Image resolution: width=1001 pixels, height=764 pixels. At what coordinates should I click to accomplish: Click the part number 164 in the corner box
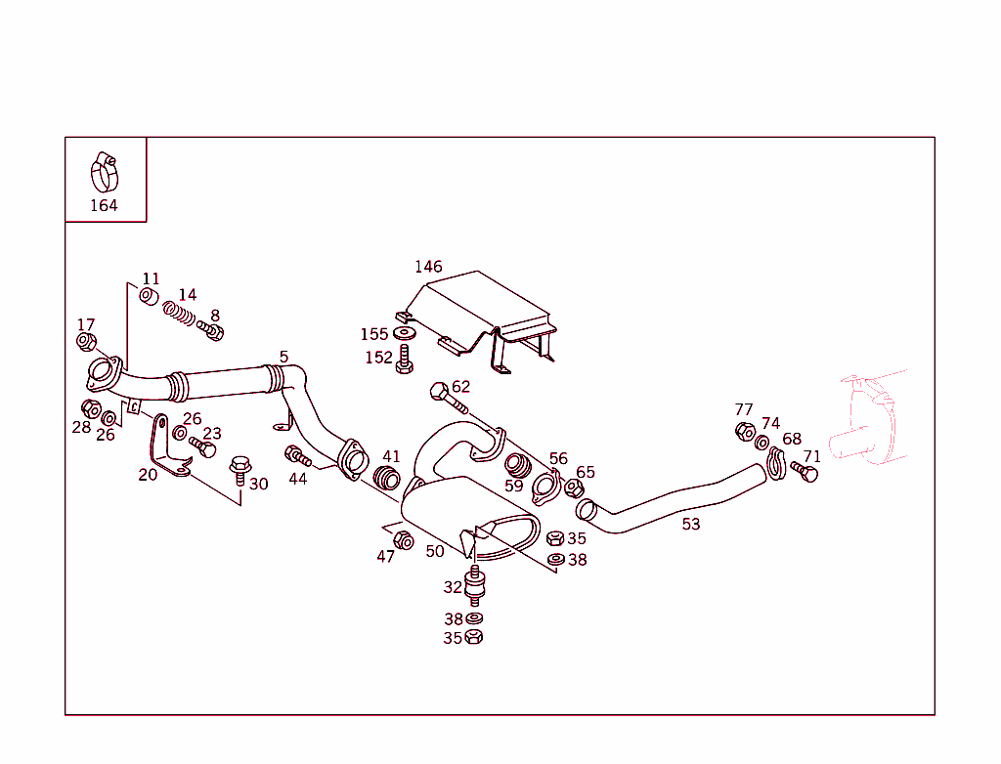click(104, 205)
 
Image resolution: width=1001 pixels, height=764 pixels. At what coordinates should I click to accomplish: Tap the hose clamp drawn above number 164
click(104, 173)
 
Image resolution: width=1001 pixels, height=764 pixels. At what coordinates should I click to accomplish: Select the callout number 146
click(428, 267)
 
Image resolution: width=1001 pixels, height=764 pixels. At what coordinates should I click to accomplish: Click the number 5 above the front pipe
click(283, 357)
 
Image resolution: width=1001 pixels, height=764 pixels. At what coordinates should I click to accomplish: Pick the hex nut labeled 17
click(86, 342)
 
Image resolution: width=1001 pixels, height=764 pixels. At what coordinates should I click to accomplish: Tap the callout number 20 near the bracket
click(148, 475)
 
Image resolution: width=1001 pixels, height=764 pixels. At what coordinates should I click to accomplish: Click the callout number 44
click(298, 479)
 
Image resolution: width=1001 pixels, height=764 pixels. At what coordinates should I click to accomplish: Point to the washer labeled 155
click(406, 334)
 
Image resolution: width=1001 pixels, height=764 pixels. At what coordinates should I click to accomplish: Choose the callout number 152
click(378, 358)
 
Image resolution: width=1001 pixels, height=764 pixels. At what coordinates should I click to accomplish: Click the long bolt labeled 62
click(445, 396)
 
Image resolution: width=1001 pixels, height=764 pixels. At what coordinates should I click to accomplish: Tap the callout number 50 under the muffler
click(435, 551)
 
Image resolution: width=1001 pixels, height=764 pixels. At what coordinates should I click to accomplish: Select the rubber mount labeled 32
click(476, 586)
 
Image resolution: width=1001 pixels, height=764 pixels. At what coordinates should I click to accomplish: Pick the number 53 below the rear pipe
click(691, 525)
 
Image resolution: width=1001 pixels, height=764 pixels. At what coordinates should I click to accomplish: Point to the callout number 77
click(744, 409)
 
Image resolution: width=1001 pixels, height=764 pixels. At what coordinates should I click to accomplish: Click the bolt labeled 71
click(806, 474)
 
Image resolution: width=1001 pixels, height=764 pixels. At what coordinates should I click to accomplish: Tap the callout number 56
click(558, 459)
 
